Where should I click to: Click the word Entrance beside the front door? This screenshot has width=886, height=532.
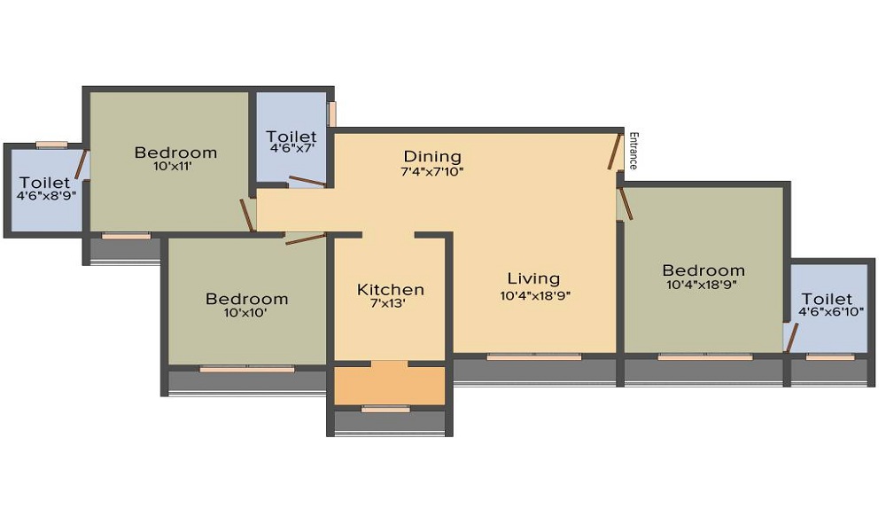click(x=633, y=151)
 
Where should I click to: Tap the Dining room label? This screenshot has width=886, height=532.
click(x=432, y=157)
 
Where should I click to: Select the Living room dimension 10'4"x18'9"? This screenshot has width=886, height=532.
click(x=535, y=296)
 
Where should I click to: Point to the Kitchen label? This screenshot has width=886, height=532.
click(x=391, y=290)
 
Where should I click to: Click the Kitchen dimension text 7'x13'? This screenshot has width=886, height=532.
click(x=391, y=304)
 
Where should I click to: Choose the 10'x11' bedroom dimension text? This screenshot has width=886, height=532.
click(x=175, y=167)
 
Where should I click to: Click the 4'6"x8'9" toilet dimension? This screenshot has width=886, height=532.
click(x=44, y=196)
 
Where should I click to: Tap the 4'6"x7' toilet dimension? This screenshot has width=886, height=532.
click(x=291, y=151)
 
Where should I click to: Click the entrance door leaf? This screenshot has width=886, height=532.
click(x=613, y=152)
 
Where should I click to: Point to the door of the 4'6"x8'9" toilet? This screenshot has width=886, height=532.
click(x=82, y=165)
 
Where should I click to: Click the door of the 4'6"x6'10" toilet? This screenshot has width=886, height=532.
click(x=791, y=338)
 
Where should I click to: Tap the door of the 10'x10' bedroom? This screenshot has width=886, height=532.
click(x=305, y=239)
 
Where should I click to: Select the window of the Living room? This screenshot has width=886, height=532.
click(x=534, y=356)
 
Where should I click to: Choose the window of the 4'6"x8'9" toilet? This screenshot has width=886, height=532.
click(x=51, y=145)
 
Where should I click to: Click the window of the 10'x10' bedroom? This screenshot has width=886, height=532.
click(x=246, y=368)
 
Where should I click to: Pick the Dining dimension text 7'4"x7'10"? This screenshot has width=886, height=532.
click(x=432, y=171)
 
